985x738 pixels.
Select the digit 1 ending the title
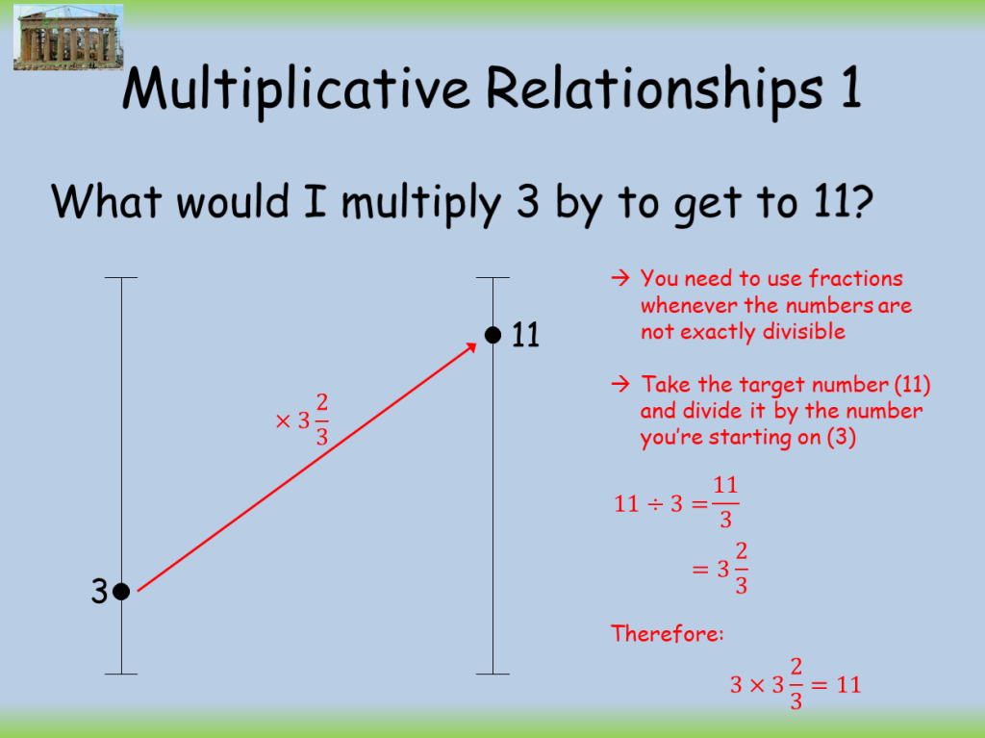843,89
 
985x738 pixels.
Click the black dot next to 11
492,335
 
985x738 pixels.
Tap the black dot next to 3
121,592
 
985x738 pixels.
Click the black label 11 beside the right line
525,335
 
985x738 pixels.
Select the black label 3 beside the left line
99,592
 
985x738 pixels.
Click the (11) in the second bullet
912,385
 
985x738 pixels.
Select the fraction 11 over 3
725,502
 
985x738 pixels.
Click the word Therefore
667,633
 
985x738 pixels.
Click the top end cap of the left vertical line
121,278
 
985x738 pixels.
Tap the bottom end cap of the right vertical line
492,674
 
